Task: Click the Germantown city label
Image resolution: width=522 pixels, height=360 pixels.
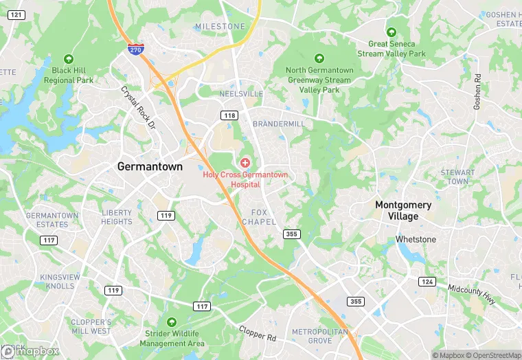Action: (149, 166)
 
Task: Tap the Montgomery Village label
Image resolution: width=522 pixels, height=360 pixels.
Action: (403, 210)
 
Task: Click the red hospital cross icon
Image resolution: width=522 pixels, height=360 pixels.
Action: (245, 163)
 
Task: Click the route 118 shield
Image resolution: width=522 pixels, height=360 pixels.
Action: (228, 115)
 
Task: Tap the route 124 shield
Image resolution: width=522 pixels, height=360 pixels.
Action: (427, 282)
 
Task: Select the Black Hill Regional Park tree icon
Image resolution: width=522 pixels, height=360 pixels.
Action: (69, 59)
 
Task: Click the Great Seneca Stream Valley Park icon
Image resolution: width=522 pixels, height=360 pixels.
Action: (391, 32)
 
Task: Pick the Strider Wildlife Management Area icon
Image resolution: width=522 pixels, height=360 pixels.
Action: (172, 322)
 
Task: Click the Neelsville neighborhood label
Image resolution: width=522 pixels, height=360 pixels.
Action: (240, 93)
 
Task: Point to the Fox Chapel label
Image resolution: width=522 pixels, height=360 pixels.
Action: (259, 217)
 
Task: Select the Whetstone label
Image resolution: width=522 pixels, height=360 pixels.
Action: (416, 239)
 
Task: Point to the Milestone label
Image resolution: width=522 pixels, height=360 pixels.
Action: (220, 26)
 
